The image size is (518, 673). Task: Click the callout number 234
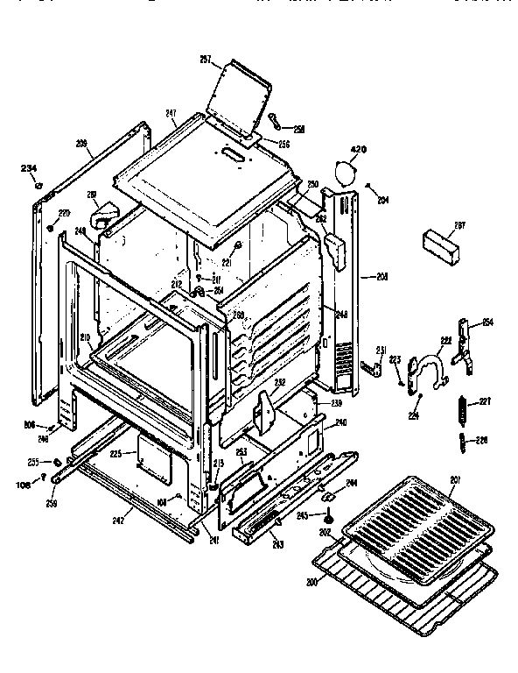(x=29, y=169)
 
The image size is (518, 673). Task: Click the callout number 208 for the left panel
(x=82, y=142)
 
